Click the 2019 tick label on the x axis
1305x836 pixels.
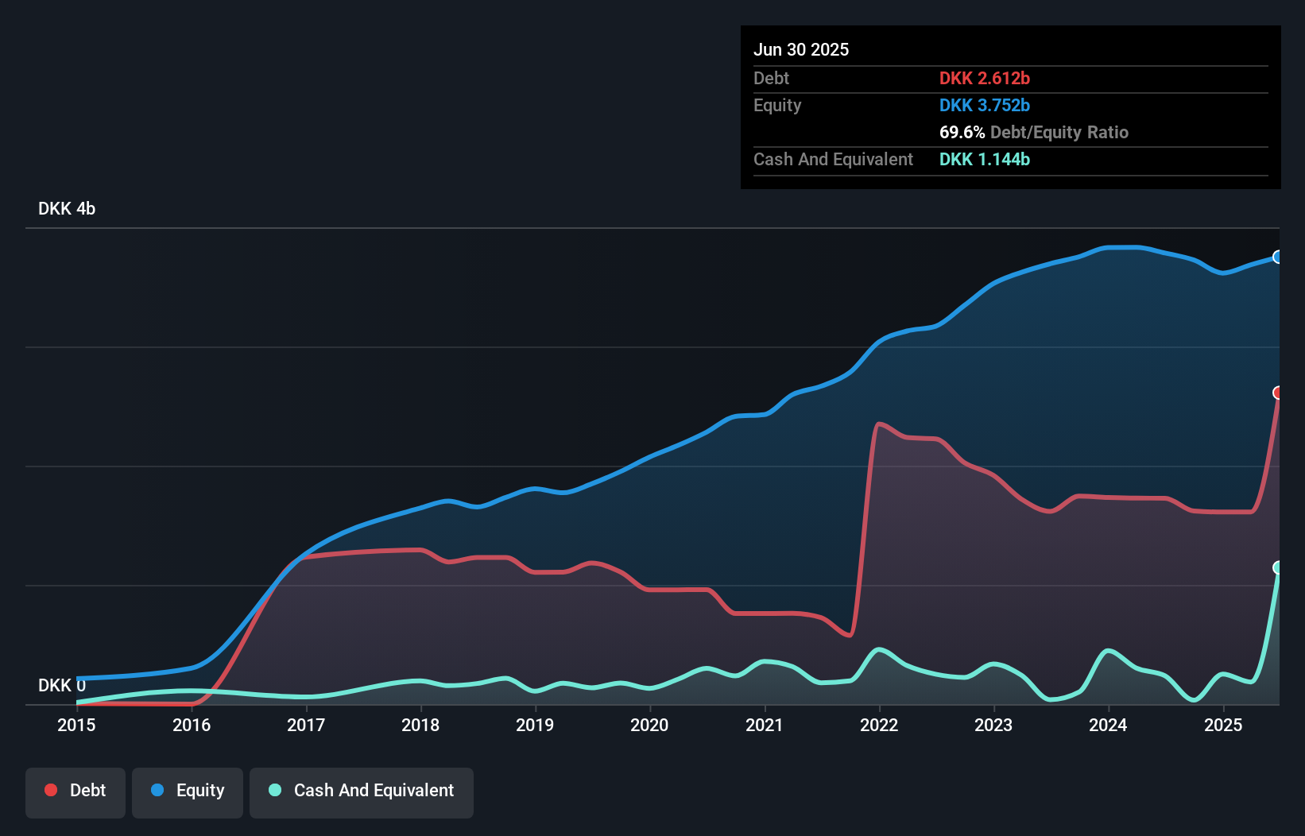tap(535, 725)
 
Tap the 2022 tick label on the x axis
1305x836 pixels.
tap(879, 725)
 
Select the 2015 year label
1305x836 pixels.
tap(76, 725)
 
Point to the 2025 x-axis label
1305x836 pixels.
tap(1223, 725)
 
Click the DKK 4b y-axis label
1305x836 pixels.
tap(67, 208)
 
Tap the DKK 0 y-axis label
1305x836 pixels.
tap(62, 685)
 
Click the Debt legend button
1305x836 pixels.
tap(76, 791)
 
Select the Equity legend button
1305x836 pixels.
tap(188, 791)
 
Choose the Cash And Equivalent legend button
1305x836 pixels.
tap(362, 791)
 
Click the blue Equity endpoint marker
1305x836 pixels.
tap(1278, 257)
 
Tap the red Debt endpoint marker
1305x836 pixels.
tap(1278, 393)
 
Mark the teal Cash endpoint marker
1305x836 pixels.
tap(1278, 567)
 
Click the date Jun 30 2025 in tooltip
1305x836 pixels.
tap(801, 49)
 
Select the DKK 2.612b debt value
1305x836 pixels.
tap(985, 78)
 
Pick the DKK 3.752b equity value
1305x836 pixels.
tap(985, 105)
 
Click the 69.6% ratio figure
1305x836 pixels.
tap(962, 132)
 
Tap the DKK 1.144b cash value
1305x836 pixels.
tap(985, 159)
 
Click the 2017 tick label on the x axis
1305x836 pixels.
tap(306, 725)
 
